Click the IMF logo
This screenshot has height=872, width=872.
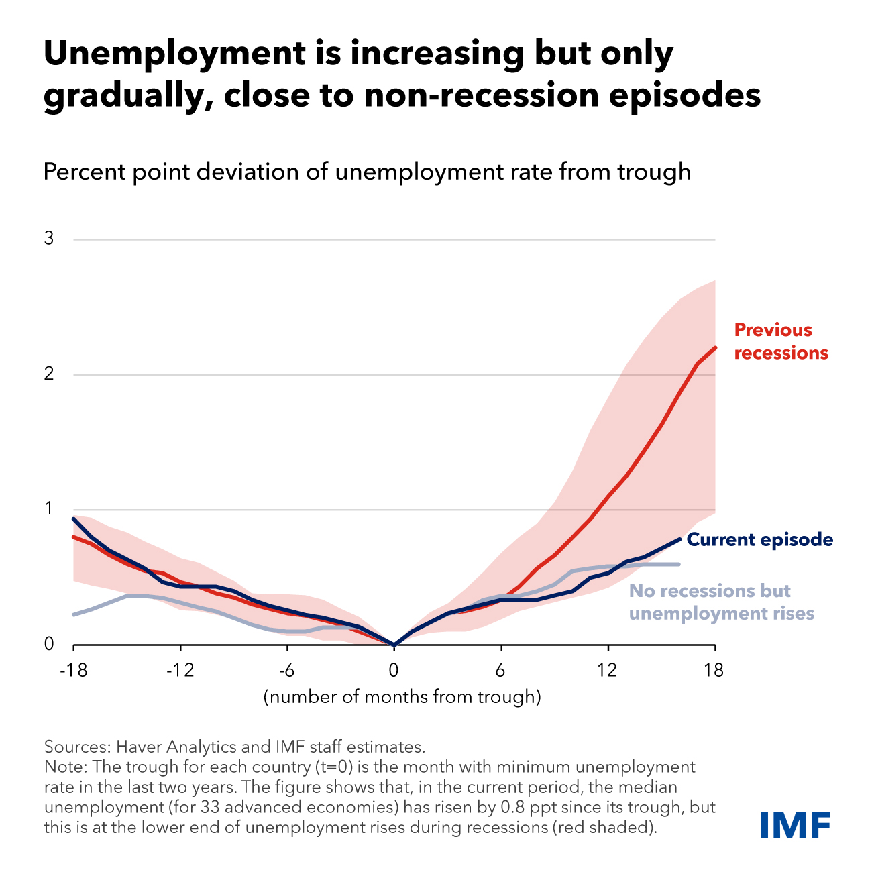[x=795, y=824]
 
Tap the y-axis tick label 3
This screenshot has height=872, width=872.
[x=49, y=239]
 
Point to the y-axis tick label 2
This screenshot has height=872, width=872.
[x=49, y=374]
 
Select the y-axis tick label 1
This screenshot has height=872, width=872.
[x=49, y=509]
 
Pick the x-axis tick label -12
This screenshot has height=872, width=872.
[x=179, y=670]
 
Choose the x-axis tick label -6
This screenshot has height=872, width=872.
[x=286, y=670]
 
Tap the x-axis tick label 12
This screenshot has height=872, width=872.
[x=608, y=670]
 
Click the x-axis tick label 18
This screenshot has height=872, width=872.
[x=714, y=670]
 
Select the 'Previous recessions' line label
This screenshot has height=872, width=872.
[x=781, y=341]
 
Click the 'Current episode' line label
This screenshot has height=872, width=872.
[x=760, y=540]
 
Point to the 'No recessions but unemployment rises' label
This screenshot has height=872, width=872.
[x=721, y=602]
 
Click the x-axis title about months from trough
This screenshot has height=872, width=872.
[x=402, y=697]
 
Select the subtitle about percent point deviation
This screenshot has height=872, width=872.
[x=366, y=172]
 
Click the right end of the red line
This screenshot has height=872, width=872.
[x=716, y=347]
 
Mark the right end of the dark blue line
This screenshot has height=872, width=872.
[x=679, y=539]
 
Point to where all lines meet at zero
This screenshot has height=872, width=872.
[x=394, y=645]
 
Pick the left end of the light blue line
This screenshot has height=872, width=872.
[x=73, y=614]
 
